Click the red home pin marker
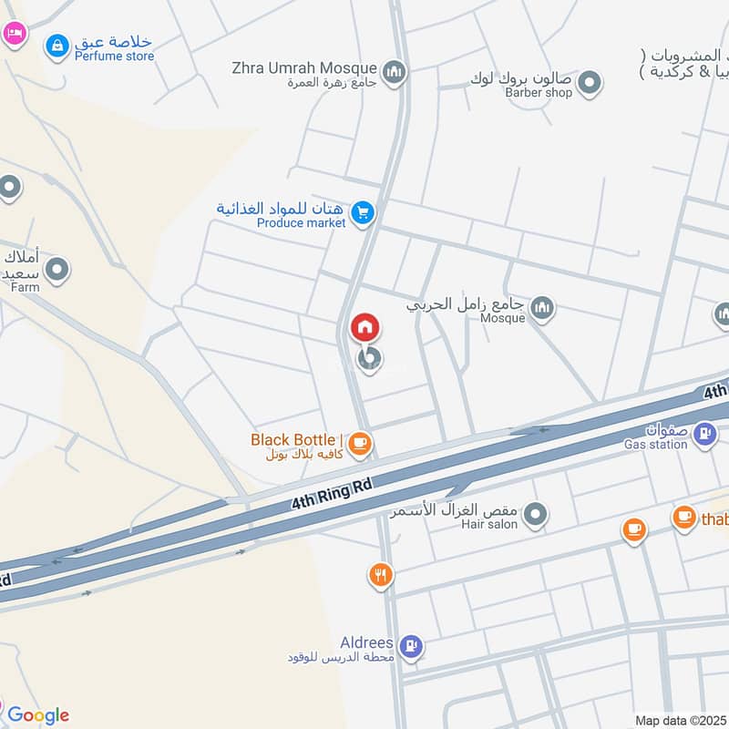[x=364, y=326]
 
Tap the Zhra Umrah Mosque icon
[x=394, y=72]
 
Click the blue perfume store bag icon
[x=57, y=45]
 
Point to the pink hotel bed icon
[x=14, y=34]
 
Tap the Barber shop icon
[x=590, y=83]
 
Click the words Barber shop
[x=539, y=92]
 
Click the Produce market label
[x=301, y=222]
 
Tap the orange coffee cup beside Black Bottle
[x=361, y=444]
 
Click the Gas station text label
[x=655, y=445]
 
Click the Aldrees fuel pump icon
[x=412, y=646]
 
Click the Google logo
[x=37, y=715]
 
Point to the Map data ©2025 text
[x=680, y=721]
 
